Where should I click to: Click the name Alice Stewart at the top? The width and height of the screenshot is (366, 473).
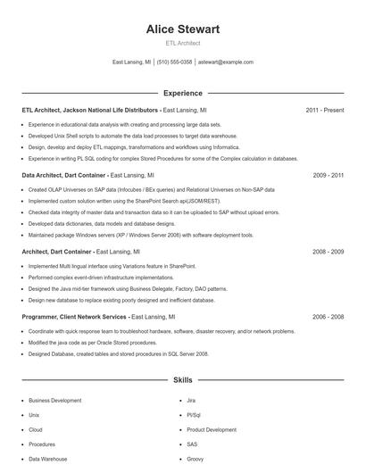182,29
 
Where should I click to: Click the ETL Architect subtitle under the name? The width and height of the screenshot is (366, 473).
182,43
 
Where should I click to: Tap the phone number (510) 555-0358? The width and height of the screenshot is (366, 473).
174,62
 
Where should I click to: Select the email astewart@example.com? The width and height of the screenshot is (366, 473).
226,62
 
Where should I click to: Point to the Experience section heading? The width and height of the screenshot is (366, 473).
182,93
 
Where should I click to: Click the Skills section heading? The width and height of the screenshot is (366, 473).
182,380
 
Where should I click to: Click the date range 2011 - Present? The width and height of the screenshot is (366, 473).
324,110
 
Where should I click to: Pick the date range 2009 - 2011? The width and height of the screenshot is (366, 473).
329,176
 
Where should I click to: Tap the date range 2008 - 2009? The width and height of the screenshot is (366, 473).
329,253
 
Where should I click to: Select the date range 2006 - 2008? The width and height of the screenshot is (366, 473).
329,317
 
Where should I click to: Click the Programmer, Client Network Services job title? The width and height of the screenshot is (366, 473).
74,317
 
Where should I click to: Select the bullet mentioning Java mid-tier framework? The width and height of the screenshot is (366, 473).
128,289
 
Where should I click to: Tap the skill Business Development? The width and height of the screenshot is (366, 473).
54,401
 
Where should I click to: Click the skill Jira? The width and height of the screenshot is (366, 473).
191,401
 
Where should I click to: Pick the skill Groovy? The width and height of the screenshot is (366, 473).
195,459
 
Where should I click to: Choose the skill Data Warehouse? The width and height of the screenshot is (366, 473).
47,459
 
